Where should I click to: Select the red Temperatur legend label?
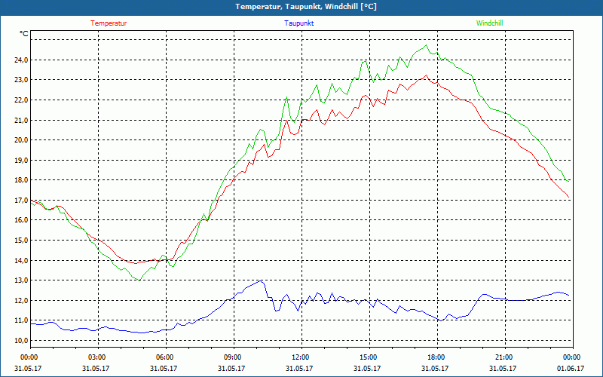coord(109,23)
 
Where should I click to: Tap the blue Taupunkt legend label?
coord(299,23)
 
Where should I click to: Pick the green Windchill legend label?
coord(490,23)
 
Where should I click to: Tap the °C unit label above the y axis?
coord(24,34)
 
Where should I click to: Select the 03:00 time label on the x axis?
coord(97,357)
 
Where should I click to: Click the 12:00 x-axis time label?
coord(301,357)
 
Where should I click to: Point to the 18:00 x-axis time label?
coord(436,357)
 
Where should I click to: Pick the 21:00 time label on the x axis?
coord(504,357)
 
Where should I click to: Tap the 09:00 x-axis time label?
coord(233,357)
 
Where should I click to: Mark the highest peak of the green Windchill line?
coord(427,45)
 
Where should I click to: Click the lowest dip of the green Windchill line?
coord(139,280)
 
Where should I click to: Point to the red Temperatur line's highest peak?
coord(427,75)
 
